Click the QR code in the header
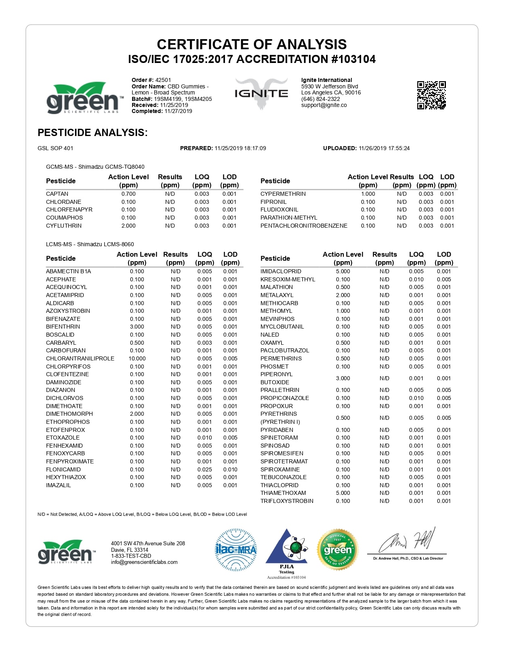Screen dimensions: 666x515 431,95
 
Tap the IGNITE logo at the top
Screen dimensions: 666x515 261,94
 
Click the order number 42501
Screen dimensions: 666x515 163,80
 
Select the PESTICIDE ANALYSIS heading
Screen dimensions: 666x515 92,132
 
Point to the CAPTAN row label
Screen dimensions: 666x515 57,194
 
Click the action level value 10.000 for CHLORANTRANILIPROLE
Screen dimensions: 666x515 137,358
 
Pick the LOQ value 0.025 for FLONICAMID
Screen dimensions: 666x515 204,469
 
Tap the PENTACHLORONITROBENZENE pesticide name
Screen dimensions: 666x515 304,226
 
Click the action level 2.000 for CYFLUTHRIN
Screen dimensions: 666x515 128,226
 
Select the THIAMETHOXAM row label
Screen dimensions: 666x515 283,493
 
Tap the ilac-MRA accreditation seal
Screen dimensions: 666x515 236,550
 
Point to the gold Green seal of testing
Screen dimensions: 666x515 338,550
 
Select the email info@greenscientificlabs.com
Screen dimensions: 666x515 144,562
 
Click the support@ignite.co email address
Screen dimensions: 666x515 324,105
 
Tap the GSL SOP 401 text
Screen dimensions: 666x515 55,148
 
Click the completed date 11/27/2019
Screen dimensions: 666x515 178,111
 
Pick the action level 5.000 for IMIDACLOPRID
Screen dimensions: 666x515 343,271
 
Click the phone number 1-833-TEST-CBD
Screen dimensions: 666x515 131,556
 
